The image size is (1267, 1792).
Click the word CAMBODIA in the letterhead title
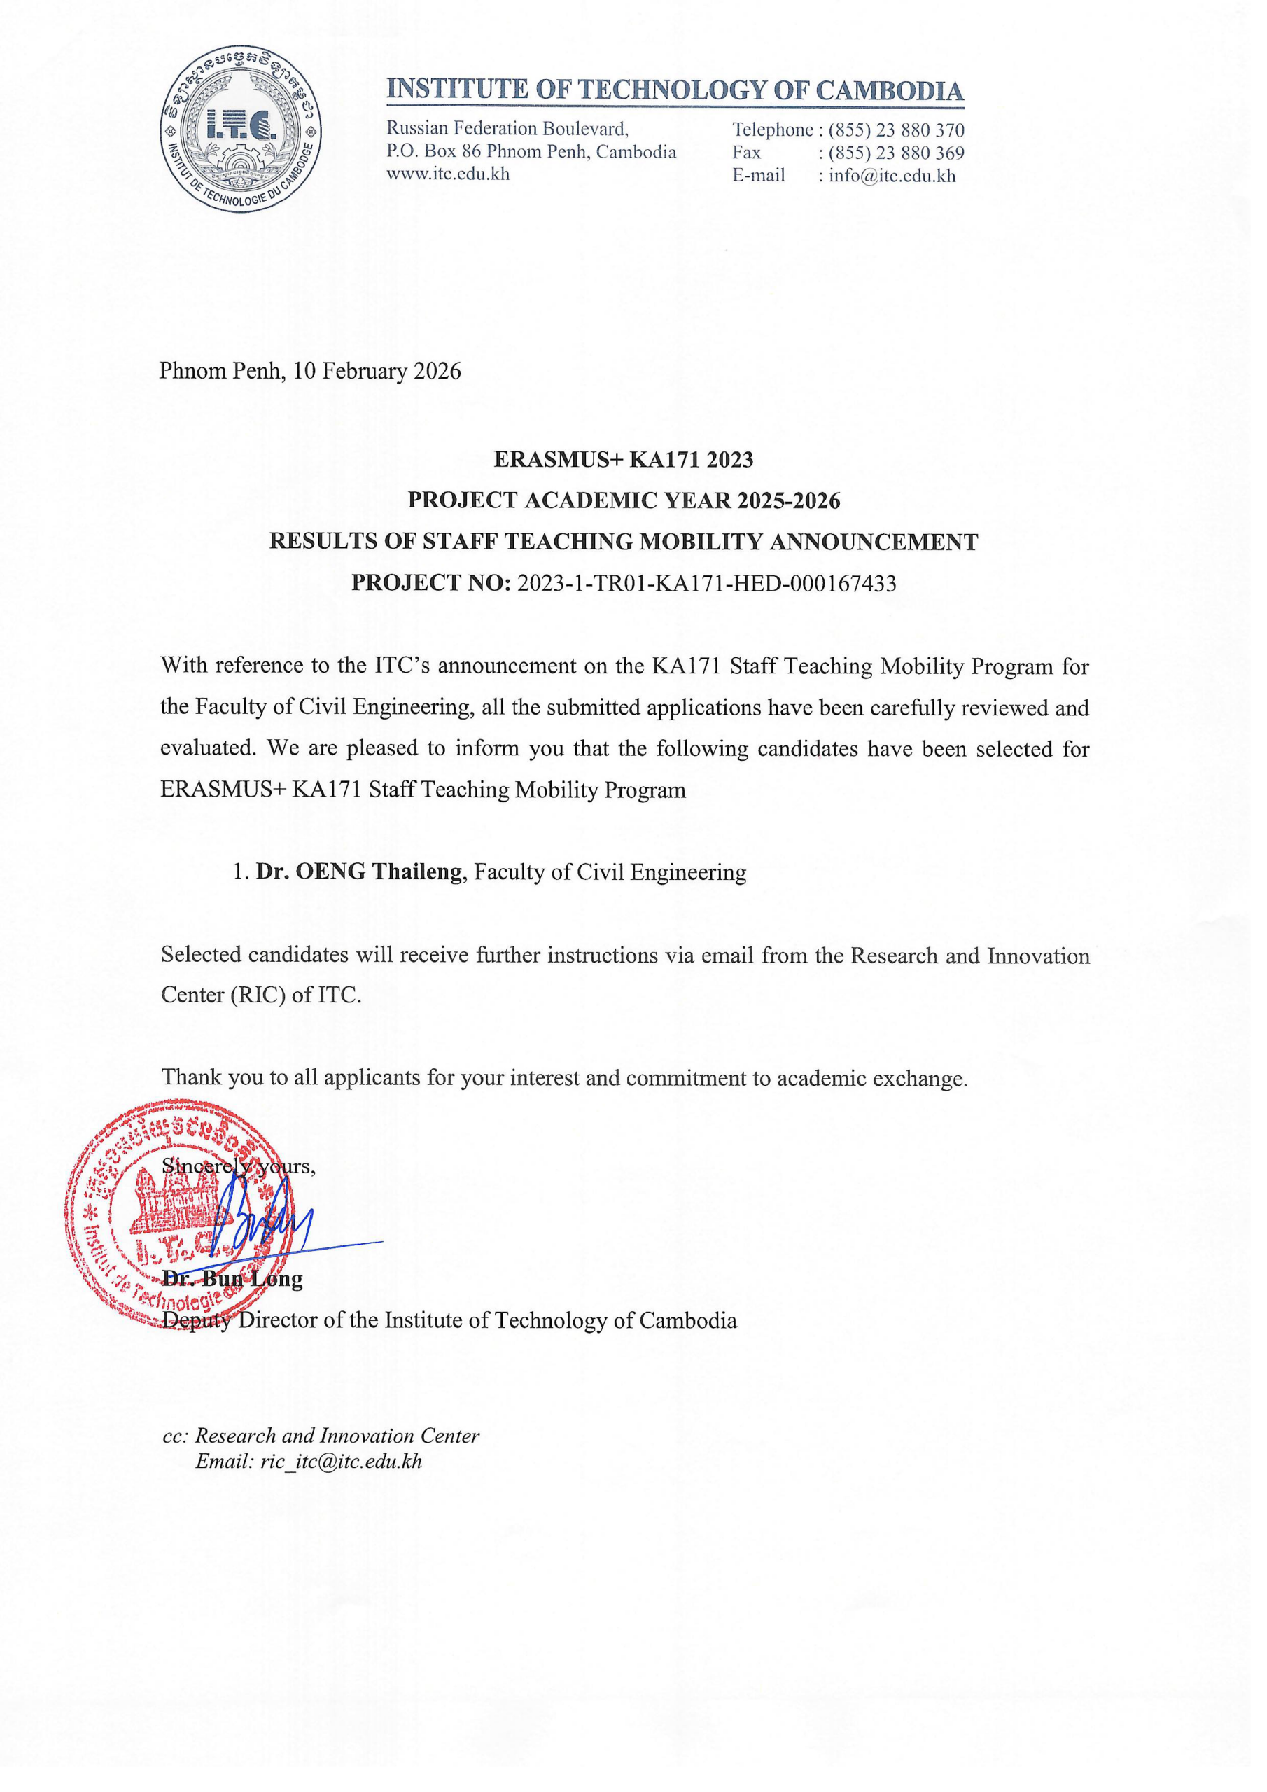coord(890,90)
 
